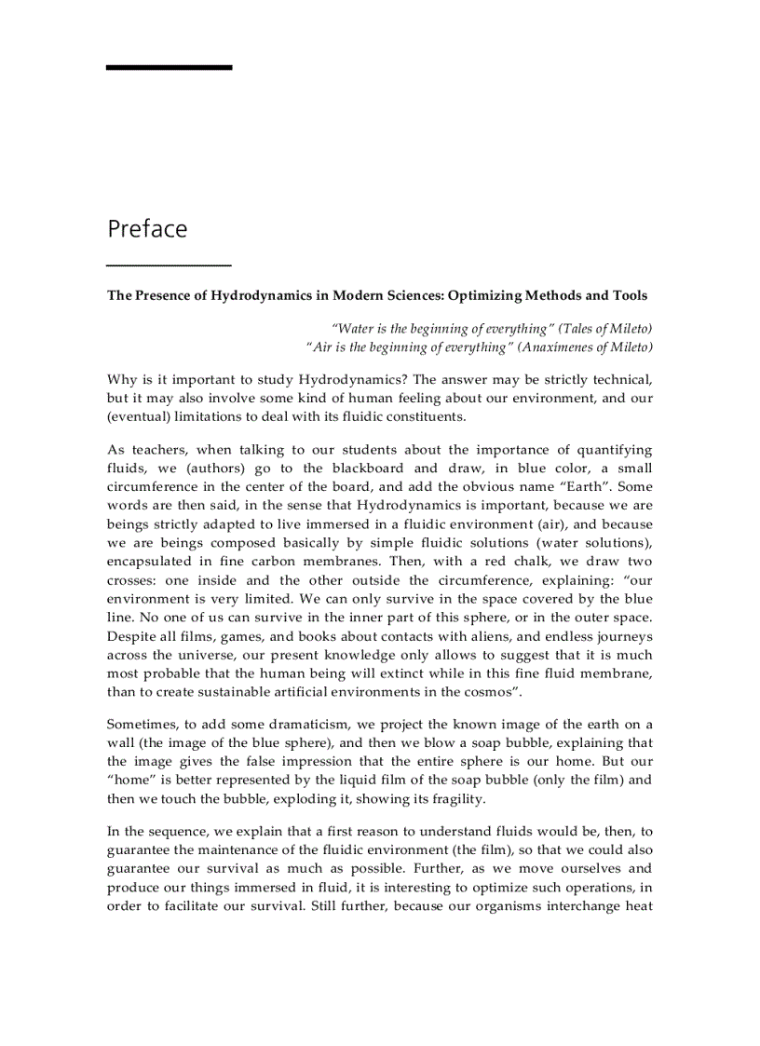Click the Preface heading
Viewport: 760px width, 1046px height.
[147, 229]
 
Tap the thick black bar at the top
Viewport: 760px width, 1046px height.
[169, 68]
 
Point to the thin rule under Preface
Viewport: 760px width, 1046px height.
[169, 265]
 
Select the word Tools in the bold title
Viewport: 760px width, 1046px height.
[629, 295]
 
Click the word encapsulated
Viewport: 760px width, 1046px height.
[150, 562]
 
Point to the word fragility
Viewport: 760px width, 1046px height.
[454, 798]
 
